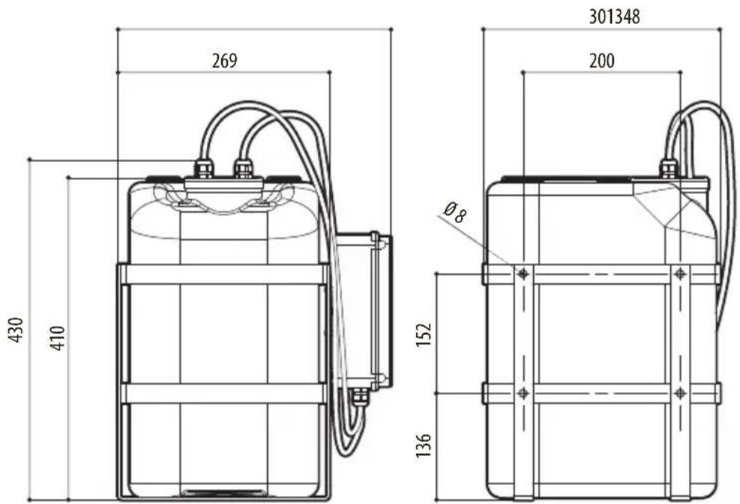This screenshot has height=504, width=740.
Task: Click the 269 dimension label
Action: click(x=224, y=61)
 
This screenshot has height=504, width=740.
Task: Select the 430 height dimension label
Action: click(x=17, y=330)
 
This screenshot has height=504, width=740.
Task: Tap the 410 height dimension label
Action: click(x=58, y=338)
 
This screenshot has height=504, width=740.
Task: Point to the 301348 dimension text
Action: click(x=614, y=17)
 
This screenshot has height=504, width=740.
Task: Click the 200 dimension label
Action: click(x=602, y=61)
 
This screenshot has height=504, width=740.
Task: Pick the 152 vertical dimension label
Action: click(x=424, y=334)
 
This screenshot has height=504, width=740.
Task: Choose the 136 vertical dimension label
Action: click(x=424, y=445)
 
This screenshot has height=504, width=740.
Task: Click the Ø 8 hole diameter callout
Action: click(x=455, y=212)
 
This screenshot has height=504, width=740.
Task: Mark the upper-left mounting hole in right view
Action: click(x=523, y=273)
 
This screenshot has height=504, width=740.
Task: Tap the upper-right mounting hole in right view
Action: click(x=680, y=273)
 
